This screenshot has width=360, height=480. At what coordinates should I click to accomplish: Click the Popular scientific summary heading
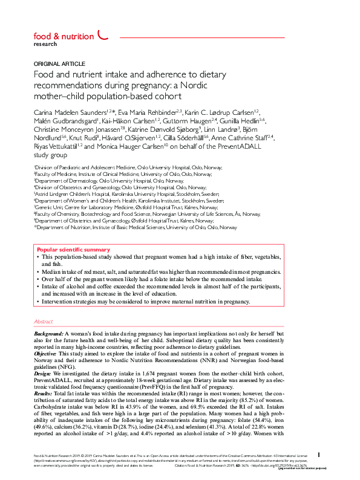point(73,249)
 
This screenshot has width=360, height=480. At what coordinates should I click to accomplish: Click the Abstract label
point(44,322)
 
